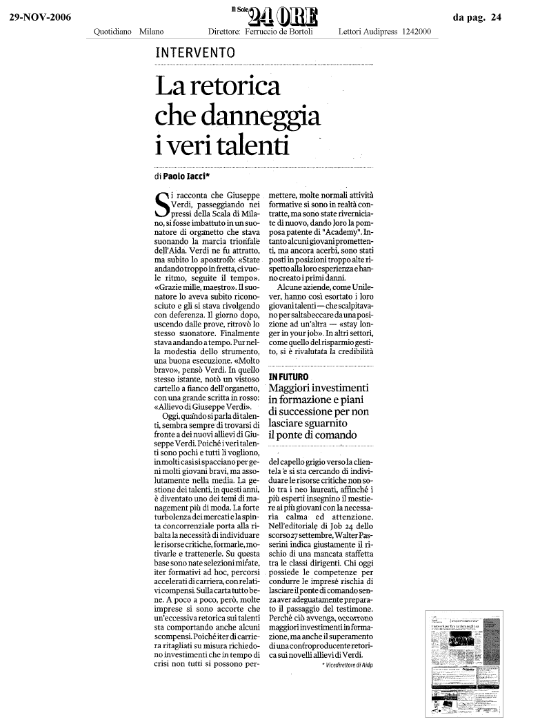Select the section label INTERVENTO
(195, 53)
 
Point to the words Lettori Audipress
(370, 32)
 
